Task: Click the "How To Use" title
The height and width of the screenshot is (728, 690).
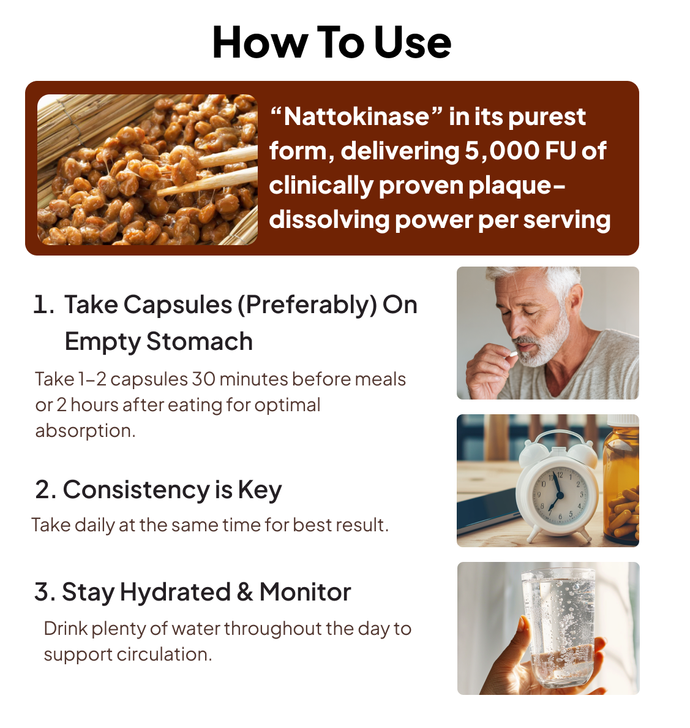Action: [331, 43]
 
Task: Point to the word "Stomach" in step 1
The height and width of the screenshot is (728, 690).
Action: [200, 342]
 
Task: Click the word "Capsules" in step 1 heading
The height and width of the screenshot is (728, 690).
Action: [178, 306]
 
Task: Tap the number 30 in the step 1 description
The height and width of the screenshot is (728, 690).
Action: [203, 379]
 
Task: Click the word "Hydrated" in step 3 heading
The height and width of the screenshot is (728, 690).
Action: [175, 593]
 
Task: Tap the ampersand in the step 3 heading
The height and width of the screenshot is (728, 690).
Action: [245, 593]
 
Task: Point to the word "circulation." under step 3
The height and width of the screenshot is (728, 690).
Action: [164, 654]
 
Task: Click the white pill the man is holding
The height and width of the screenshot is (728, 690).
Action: [513, 354]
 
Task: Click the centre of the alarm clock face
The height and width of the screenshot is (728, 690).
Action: [559, 495]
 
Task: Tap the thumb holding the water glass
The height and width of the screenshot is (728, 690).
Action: [523, 641]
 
